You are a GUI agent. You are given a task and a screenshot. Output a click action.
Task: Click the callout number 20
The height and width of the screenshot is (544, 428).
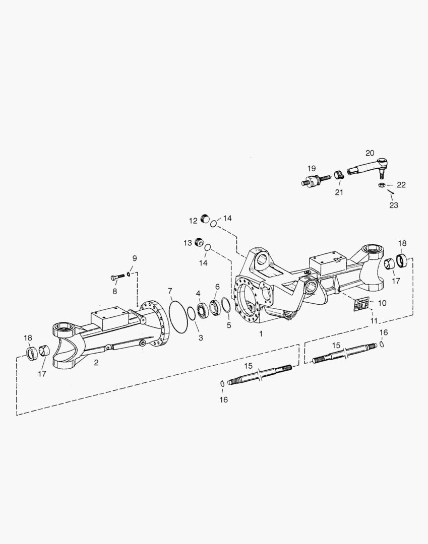pos(370,153)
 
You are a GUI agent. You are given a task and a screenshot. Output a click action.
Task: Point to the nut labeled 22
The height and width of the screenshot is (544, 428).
pos(382,186)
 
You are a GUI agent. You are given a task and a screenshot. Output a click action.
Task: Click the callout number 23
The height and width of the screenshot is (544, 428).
pos(393,206)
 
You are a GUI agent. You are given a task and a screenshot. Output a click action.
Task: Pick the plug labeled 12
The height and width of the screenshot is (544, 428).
pos(205,218)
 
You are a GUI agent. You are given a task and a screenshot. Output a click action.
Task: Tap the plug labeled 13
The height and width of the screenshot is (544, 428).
pos(199,243)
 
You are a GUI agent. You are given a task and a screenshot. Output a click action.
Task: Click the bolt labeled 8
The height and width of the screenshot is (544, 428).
pos(117,277)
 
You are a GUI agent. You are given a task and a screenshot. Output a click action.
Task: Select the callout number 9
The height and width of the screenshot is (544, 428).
pos(134,258)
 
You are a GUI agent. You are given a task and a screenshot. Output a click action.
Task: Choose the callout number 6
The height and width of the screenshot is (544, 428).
pos(217,287)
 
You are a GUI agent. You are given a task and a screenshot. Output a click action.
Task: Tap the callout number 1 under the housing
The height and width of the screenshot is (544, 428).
pos(261,333)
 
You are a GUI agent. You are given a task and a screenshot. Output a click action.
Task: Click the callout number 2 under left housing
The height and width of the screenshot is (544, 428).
pos(96,362)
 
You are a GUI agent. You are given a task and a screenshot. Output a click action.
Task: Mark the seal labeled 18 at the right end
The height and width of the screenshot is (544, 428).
pos(403,261)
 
